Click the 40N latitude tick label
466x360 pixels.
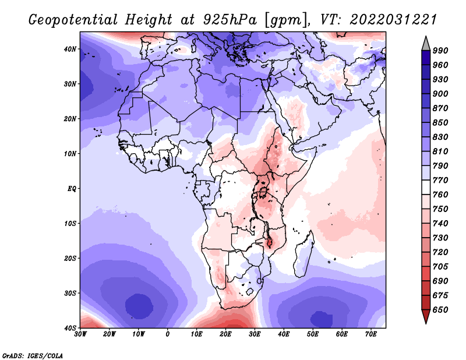tap(70, 49)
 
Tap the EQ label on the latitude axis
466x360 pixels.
tap(72, 189)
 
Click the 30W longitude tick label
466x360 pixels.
tap(80, 334)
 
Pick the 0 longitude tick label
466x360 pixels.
tap(168, 334)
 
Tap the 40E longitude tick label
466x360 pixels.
tap(284, 334)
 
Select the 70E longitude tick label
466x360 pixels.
tap(371, 334)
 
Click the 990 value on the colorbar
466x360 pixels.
tap(440, 51)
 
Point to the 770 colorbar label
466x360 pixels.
tap(440, 181)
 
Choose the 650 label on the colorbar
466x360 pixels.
tap(440, 310)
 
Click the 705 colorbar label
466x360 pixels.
tap(440, 267)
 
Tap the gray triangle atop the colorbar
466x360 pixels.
tap(426, 44)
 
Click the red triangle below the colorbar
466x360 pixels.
tap(426, 316)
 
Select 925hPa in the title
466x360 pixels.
tap(230, 20)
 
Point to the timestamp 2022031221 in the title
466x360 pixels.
tap(393, 20)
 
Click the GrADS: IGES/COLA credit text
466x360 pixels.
tap(33, 356)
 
